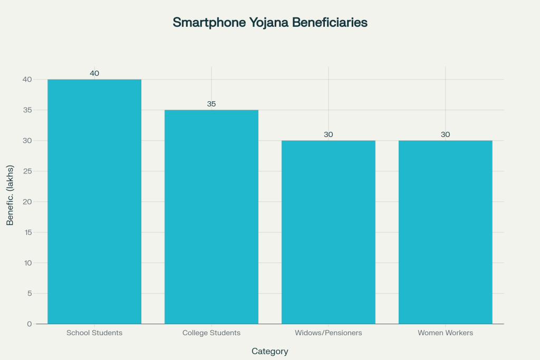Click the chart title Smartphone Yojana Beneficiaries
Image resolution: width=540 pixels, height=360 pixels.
pyautogui.click(x=270, y=23)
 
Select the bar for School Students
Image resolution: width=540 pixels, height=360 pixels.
pyautogui.click(x=94, y=201)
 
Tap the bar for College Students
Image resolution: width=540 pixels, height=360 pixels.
pyautogui.click(x=211, y=217)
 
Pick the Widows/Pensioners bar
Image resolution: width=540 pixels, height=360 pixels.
pyautogui.click(x=329, y=232)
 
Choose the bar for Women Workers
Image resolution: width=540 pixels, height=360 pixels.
pyautogui.click(x=446, y=232)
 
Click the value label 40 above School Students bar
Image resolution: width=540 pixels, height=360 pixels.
pyautogui.click(x=94, y=73)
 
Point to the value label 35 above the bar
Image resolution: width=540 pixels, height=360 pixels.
pyautogui.click(x=211, y=104)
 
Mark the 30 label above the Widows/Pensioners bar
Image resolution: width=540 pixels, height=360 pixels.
pyautogui.click(x=329, y=134)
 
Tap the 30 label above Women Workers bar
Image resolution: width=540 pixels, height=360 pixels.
pyautogui.click(x=446, y=134)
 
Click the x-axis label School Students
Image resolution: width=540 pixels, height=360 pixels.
pyautogui.click(x=94, y=333)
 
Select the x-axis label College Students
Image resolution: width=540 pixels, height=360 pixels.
pyautogui.click(x=211, y=333)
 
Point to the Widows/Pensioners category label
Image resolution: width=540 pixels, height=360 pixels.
pyautogui.click(x=329, y=333)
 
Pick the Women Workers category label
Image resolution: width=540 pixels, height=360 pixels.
pyautogui.click(x=446, y=333)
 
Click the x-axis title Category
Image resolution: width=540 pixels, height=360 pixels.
pyautogui.click(x=270, y=351)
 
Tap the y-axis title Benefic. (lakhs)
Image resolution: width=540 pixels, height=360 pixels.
pyautogui.click(x=10, y=196)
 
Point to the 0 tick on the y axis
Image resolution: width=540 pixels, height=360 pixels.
pyautogui.click(x=30, y=324)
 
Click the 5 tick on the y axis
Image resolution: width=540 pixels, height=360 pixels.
pyautogui.click(x=30, y=293)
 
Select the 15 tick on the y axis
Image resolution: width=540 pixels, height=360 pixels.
pyautogui.click(x=28, y=232)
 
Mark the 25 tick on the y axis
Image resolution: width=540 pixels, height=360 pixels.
pyautogui.click(x=28, y=171)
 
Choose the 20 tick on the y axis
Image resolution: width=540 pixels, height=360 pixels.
pyautogui.click(x=28, y=202)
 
